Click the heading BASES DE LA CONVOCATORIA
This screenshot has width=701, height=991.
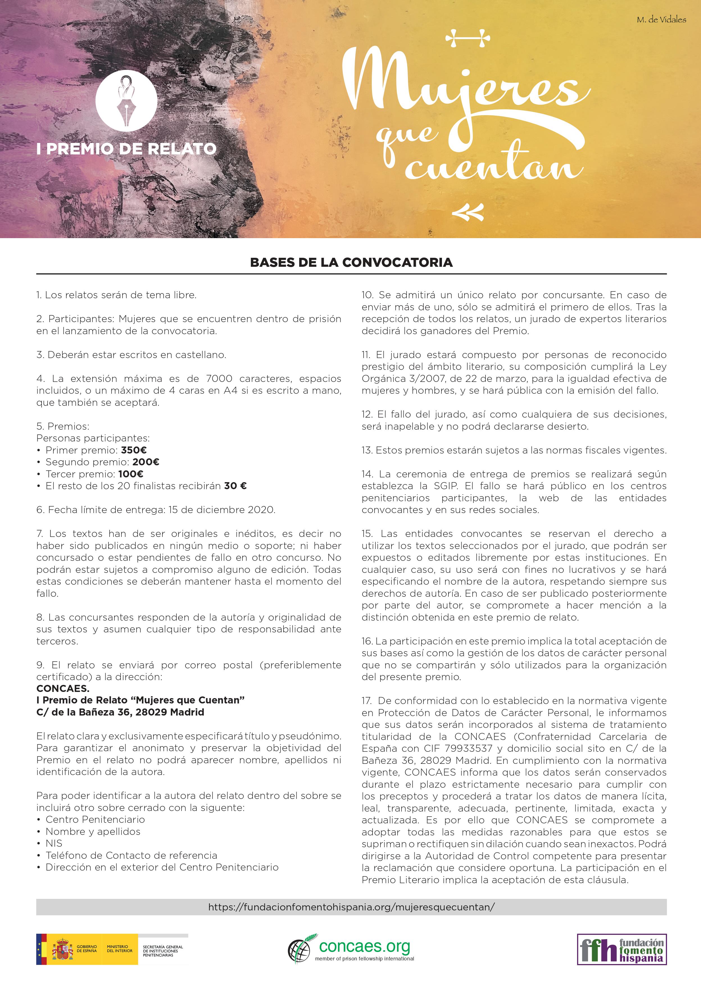[351, 263]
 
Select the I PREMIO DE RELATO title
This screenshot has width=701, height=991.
[126, 149]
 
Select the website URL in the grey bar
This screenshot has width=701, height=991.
[351, 907]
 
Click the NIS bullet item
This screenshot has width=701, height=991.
[54, 843]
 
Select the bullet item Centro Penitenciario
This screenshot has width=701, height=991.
[95, 820]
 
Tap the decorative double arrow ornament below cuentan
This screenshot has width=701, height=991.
[468, 212]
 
